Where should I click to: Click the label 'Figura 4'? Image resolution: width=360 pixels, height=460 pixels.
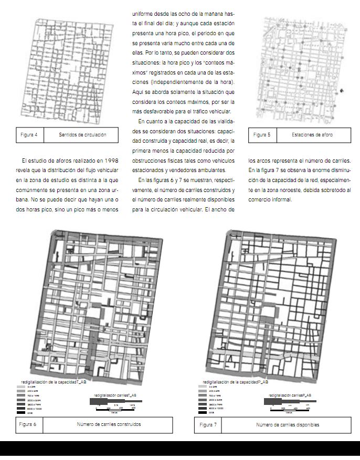(x=29, y=135)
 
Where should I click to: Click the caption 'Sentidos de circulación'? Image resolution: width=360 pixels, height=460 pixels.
(x=82, y=135)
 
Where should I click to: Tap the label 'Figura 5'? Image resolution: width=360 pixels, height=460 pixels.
(x=262, y=135)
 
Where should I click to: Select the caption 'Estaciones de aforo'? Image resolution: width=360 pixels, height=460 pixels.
(x=312, y=135)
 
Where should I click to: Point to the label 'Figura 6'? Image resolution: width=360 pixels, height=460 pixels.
(x=28, y=424)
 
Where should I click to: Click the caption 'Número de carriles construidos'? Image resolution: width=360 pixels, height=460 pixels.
(x=109, y=424)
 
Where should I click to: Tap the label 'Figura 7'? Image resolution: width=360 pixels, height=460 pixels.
(x=208, y=424)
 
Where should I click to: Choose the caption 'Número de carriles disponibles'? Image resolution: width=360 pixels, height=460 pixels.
(x=287, y=424)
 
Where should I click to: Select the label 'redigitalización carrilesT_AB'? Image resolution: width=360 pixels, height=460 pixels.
(x=115, y=395)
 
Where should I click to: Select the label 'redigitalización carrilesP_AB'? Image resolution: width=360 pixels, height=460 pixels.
(x=290, y=395)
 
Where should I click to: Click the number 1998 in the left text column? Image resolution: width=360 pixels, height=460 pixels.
(x=108, y=160)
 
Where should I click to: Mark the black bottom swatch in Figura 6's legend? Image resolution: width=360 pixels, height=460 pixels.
(x=20, y=413)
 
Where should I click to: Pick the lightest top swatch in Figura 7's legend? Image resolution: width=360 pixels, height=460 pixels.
(x=203, y=387)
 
